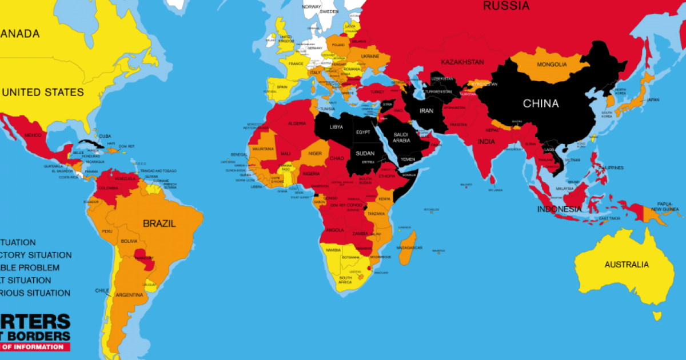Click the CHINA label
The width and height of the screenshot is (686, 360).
540,103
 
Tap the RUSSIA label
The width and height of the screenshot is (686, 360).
506,6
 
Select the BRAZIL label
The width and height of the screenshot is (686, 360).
159,223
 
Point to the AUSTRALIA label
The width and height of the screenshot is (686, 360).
627,265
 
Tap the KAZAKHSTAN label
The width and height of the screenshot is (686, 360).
462,62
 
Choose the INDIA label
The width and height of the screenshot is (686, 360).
486,142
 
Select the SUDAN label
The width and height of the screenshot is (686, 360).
365,153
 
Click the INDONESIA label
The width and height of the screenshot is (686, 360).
559,209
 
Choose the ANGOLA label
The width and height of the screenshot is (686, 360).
334,230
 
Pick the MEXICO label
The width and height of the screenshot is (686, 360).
33,135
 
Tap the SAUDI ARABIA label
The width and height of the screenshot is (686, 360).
400,137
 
